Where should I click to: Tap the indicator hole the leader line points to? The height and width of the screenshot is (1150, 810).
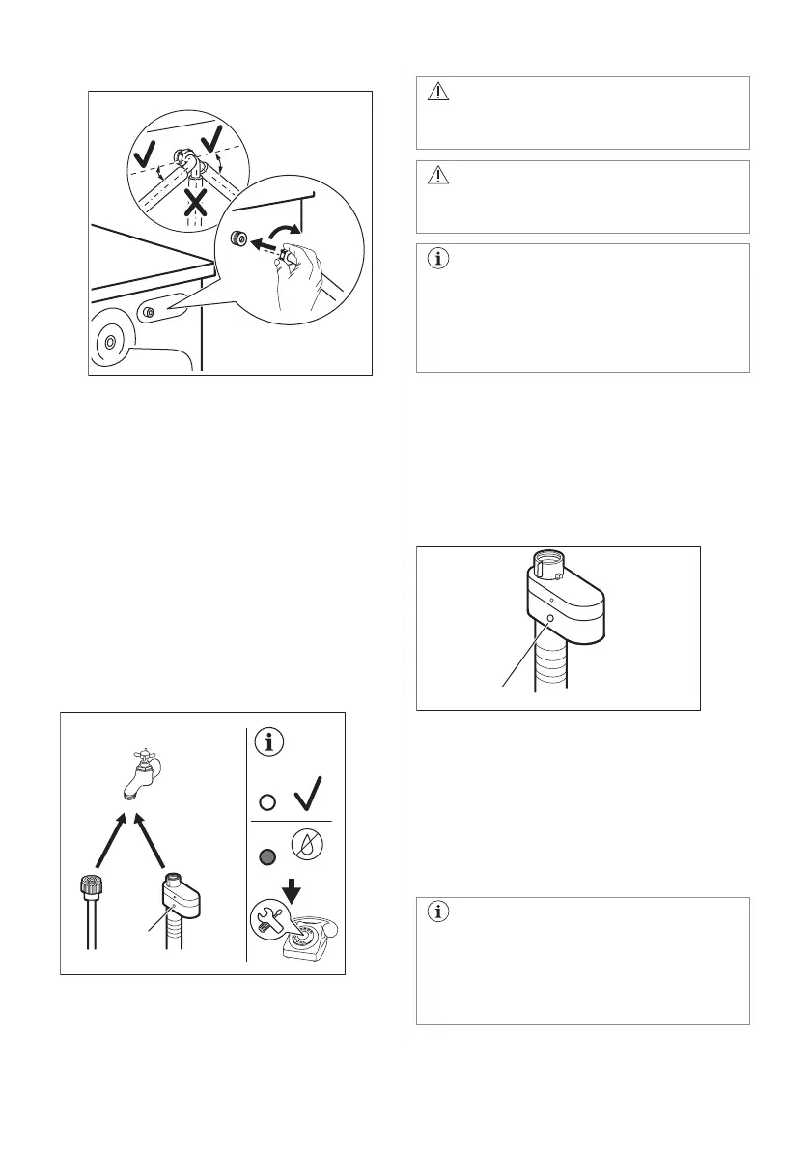550,618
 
